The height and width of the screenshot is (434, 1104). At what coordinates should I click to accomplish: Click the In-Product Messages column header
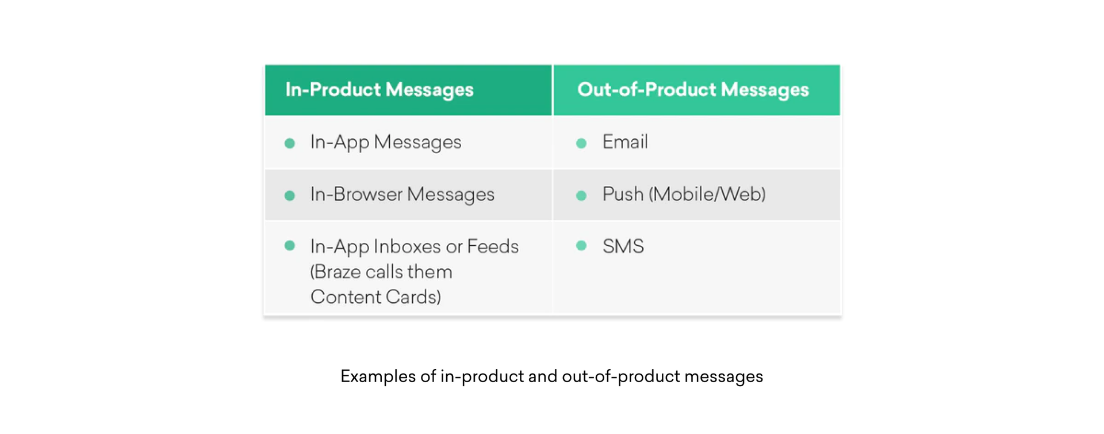[379, 90]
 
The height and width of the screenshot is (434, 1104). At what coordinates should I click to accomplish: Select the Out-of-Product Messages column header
[693, 90]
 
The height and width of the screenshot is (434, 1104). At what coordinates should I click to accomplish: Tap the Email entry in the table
[625, 142]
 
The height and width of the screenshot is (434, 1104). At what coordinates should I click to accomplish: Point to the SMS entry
[623, 246]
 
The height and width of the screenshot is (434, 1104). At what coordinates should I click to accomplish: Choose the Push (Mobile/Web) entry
[684, 195]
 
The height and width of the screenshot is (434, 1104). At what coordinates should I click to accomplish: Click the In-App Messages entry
[385, 142]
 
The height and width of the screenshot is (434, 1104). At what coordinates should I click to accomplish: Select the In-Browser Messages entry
[402, 195]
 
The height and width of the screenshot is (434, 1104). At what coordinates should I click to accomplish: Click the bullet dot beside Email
[581, 143]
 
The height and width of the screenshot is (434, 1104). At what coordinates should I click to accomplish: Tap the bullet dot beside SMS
[581, 246]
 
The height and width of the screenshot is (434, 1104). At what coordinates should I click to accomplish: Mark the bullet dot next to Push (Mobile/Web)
[581, 196]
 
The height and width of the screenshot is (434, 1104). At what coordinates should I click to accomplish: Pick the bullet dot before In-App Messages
[290, 143]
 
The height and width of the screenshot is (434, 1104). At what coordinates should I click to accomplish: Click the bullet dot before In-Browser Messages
[290, 196]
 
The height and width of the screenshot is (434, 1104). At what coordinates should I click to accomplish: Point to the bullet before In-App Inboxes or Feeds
[290, 246]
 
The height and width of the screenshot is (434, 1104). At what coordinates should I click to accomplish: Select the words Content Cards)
[375, 297]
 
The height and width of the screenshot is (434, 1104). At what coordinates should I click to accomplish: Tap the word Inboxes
[407, 246]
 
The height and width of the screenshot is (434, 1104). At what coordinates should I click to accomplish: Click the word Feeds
[493, 246]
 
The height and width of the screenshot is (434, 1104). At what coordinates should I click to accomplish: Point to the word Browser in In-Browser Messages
[368, 195]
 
